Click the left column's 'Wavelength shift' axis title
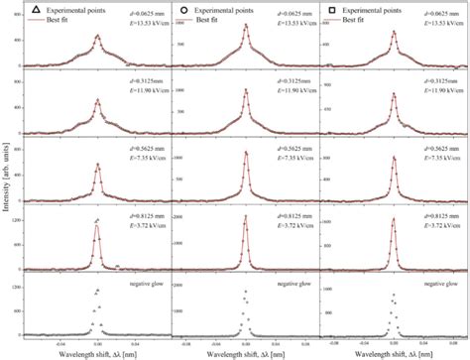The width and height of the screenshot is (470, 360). [x=90, y=353]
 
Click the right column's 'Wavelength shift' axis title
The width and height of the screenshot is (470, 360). [x=392, y=353]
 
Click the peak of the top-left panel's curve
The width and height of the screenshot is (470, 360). [x=96, y=38]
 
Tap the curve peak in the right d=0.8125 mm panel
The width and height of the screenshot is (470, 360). [x=395, y=208]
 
